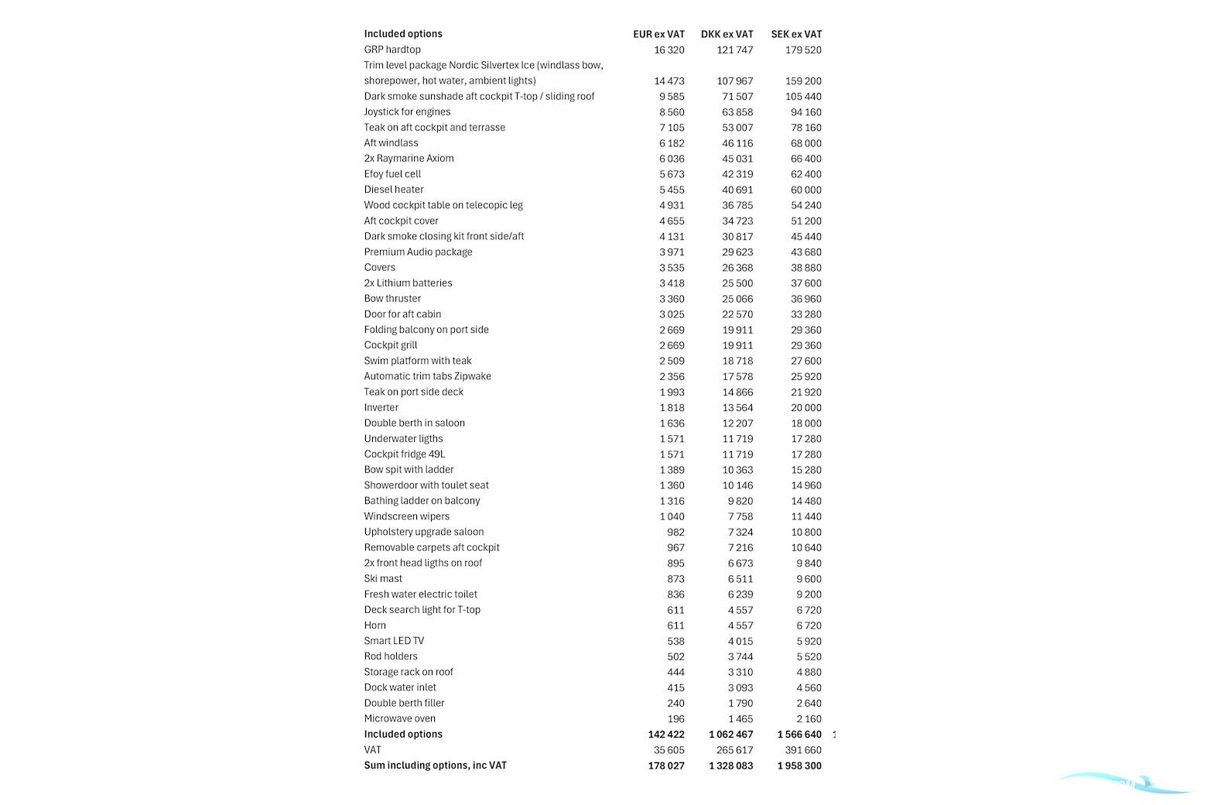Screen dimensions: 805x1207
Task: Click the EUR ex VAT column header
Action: pyautogui.click(x=658, y=34)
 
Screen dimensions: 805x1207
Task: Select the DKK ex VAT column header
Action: pyautogui.click(x=727, y=34)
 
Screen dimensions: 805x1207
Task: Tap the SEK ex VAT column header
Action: pyautogui.click(x=796, y=34)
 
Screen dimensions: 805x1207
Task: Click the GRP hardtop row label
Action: pyautogui.click(x=392, y=50)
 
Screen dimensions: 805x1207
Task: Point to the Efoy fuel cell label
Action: pyautogui.click(x=392, y=174)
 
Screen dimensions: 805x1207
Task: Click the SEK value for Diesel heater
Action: pyautogui.click(x=806, y=190)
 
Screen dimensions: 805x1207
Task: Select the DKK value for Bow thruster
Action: pyautogui.click(x=737, y=299)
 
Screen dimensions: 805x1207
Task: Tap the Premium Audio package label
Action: pyautogui.click(x=418, y=252)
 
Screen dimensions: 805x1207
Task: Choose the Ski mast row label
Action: pyautogui.click(x=383, y=579)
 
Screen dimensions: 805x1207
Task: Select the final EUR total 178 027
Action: pyautogui.click(x=666, y=766)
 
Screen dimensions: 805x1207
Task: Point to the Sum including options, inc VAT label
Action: pyautogui.click(x=435, y=766)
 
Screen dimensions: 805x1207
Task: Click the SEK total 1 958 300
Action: pyautogui.click(x=799, y=766)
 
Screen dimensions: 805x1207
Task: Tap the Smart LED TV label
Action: pyautogui.click(x=394, y=641)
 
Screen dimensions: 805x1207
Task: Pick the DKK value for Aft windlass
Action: pyautogui.click(x=737, y=143)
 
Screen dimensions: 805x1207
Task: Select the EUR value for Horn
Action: pyautogui.click(x=675, y=625)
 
